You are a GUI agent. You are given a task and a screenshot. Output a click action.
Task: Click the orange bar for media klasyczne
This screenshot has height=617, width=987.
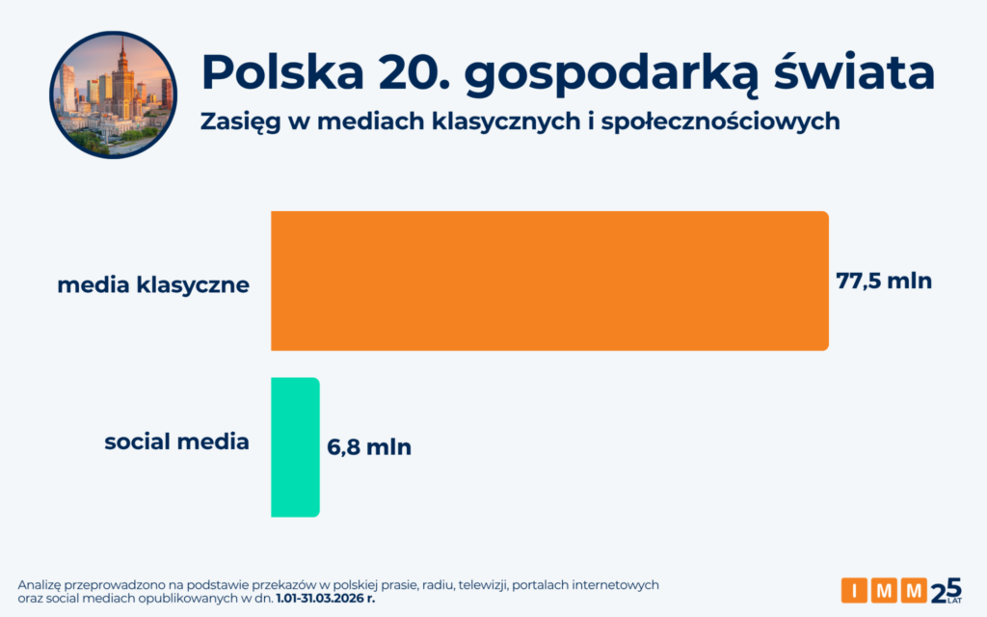tap(549, 281)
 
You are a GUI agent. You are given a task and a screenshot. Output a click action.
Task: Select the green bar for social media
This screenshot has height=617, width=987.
tap(295, 446)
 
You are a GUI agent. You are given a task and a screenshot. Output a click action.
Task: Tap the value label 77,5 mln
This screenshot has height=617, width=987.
tap(884, 282)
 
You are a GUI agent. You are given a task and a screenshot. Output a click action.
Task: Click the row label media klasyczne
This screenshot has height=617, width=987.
tap(153, 285)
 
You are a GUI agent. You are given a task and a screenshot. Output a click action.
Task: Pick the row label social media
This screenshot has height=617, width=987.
tap(176, 443)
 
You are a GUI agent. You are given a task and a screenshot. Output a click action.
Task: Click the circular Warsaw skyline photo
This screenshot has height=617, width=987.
tap(113, 94)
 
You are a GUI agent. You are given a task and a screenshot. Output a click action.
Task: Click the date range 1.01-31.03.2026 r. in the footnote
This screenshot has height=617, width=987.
tap(325, 598)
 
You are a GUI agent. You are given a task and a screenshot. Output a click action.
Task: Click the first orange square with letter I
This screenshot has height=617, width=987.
tap(854, 590)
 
